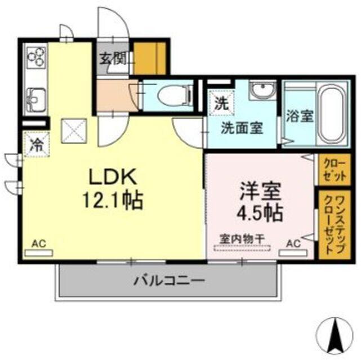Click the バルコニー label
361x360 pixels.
pos(168,280)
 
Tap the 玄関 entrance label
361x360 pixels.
pos(113,58)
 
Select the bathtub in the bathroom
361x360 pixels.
pos(332,114)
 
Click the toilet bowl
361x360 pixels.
pos(170,96)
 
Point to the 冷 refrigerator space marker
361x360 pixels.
pos(35,144)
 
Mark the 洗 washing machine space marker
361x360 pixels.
pos(221,103)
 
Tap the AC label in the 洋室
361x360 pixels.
pos(293,244)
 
